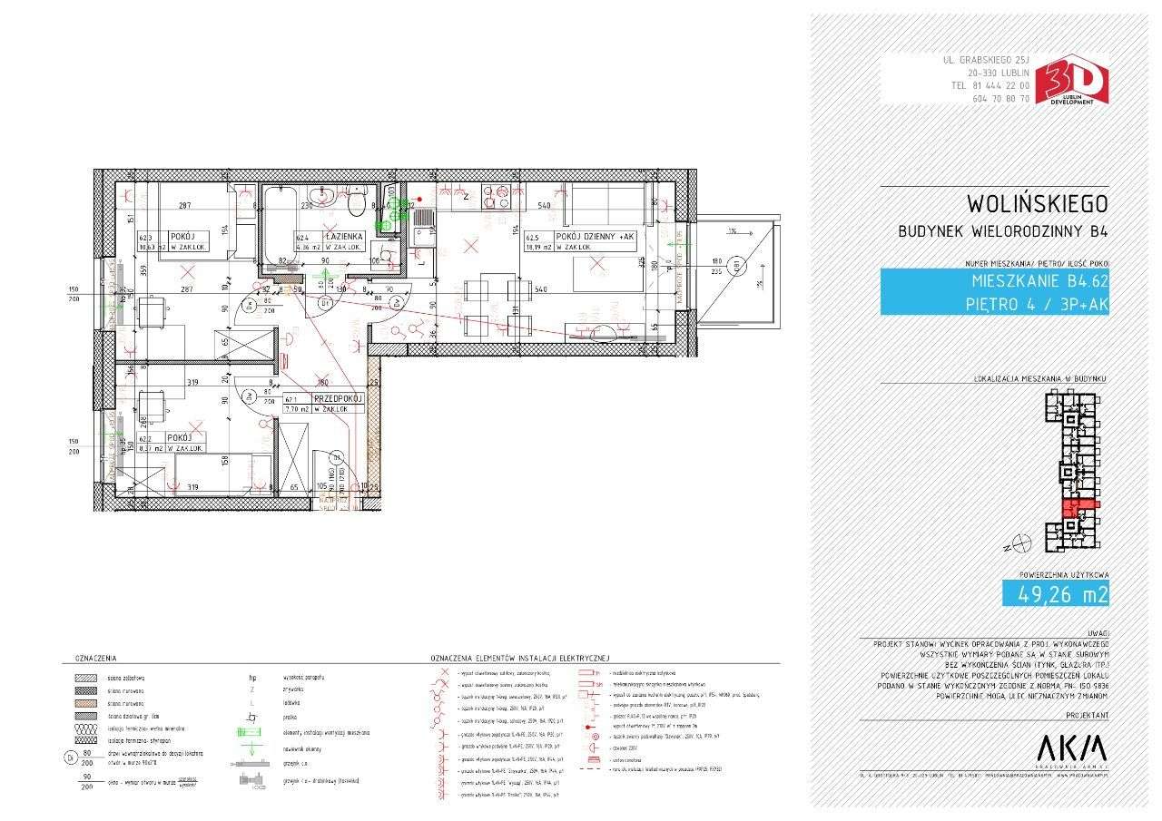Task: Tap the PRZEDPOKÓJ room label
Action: pyautogui.click(x=339, y=398)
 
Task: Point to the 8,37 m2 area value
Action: pyautogui.click(x=152, y=448)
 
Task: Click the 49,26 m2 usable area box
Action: pyautogui.click(x=1055, y=594)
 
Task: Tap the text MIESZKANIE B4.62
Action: pyautogui.click(x=1039, y=281)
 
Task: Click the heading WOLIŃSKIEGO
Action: pyautogui.click(x=1037, y=202)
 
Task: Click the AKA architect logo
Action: pyautogui.click(x=1071, y=748)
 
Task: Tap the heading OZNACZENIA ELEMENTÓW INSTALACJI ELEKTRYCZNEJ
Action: pyautogui.click(x=520, y=657)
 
